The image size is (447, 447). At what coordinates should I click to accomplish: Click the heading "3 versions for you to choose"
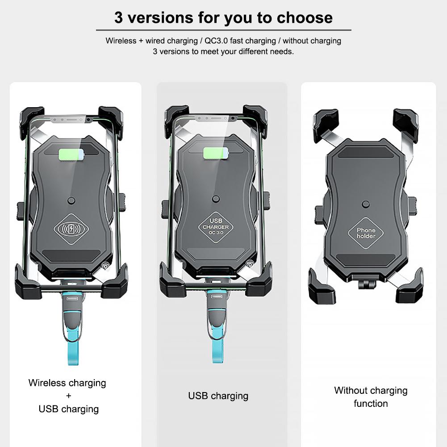pyautogui.click(x=223, y=17)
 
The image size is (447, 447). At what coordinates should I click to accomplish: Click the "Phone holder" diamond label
pyautogui.click(x=366, y=233)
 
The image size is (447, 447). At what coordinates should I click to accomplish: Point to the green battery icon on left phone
pyautogui.click(x=71, y=154)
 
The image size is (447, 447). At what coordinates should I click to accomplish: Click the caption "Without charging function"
pyautogui.click(x=371, y=397)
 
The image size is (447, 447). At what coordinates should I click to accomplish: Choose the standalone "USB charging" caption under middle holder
pyautogui.click(x=218, y=396)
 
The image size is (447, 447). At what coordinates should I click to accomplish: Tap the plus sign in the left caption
pyautogui.click(x=68, y=396)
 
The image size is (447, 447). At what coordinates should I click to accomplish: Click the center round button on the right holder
pyautogui.click(x=366, y=205)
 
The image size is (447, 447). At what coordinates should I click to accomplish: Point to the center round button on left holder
pyautogui.click(x=71, y=201)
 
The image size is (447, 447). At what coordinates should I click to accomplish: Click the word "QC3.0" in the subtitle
pyautogui.click(x=215, y=41)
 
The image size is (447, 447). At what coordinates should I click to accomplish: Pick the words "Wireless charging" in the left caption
pyautogui.click(x=67, y=383)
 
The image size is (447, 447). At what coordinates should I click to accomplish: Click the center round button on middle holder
pyautogui.click(x=216, y=199)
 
